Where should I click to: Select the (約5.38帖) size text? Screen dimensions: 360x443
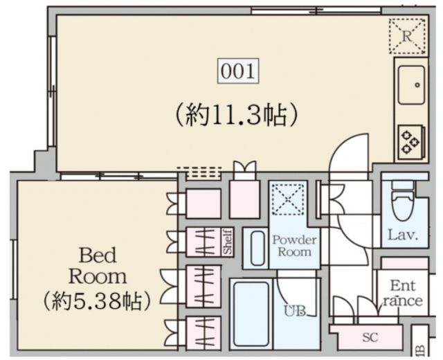(96, 301)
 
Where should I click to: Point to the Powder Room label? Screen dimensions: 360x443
(294, 245)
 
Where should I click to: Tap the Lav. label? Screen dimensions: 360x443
(404, 235)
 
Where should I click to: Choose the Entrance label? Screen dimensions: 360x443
(402, 293)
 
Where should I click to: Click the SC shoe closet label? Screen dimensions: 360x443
(370, 339)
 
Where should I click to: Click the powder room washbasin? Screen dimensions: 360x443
(257, 247)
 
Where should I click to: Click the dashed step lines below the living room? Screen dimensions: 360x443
(199, 172)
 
